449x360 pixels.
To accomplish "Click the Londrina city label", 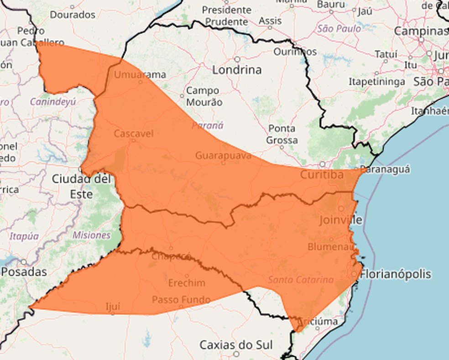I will point(237,70).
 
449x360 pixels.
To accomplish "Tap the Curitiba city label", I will point(322,175).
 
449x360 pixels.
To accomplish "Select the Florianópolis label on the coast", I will point(396,274).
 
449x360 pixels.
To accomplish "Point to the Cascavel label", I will point(133,134).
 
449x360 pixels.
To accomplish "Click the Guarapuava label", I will point(223,156).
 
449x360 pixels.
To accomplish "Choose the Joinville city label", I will point(340,220).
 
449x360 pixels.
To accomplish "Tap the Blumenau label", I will point(331,246).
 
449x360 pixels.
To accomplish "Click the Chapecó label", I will point(171,256).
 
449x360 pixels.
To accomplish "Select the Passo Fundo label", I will point(181,300).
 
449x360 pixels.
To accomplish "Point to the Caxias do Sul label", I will point(236,344).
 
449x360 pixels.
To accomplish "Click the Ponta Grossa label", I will point(282,134).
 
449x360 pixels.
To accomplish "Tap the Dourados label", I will point(73,15).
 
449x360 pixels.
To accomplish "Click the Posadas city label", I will point(24,272).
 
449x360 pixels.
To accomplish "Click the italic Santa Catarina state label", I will point(301,280).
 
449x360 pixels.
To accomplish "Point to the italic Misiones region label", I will point(91,235).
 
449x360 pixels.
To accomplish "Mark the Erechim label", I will point(187,283).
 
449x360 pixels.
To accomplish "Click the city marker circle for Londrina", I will point(237,59).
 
